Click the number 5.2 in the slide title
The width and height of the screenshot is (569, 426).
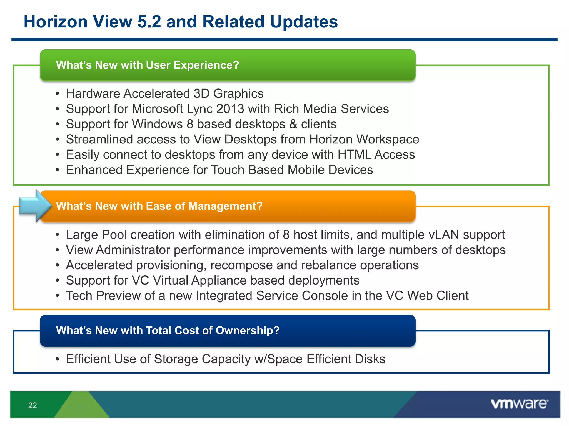(x=149, y=22)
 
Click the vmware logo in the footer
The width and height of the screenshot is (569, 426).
(x=519, y=404)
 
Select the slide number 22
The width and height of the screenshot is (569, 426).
(x=33, y=405)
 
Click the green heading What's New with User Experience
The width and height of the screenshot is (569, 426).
(x=148, y=65)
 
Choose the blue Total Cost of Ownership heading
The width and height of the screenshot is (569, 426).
(x=168, y=330)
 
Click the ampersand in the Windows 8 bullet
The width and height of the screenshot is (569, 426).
(x=293, y=124)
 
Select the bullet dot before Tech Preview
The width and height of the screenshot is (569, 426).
(x=57, y=296)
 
